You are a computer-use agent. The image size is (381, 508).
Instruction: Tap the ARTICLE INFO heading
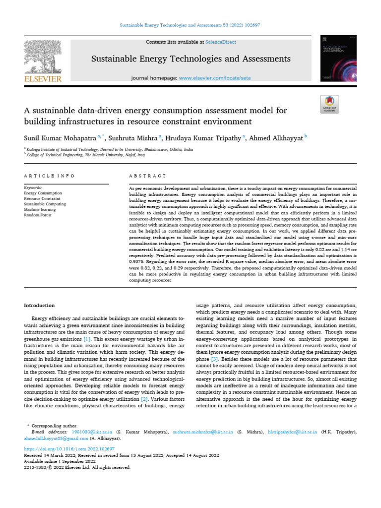(x=49, y=176)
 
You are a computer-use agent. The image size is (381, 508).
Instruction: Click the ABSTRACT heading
(x=147, y=176)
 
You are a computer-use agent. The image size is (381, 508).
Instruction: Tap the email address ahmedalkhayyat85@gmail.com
(x=57, y=439)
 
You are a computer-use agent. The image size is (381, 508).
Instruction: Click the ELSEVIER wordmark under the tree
(x=43, y=78)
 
